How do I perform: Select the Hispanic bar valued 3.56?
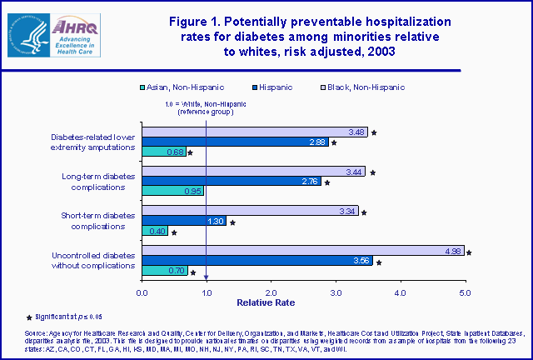tap(257, 261)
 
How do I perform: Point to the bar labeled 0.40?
tap(155, 231)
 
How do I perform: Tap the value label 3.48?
tap(356, 132)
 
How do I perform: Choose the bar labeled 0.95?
tap(173, 192)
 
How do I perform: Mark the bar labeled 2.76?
tap(232, 181)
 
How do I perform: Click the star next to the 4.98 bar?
tap(470, 252)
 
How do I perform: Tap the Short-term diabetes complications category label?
tap(99, 221)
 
